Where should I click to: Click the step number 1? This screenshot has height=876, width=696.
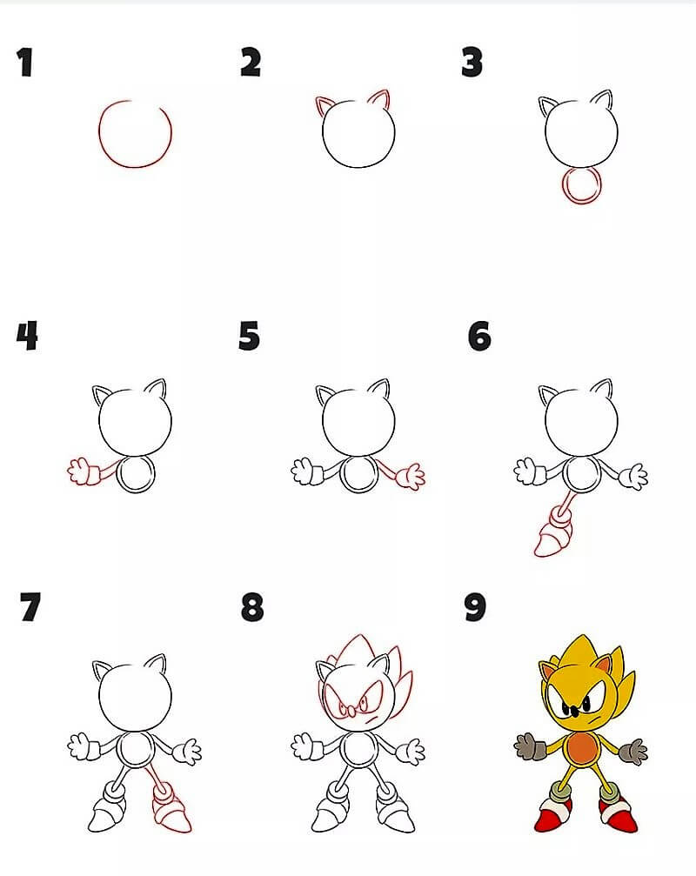(x=24, y=62)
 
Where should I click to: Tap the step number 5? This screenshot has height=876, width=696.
(x=249, y=336)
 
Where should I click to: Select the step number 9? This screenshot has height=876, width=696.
(x=475, y=607)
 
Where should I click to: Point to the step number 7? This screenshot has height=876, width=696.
(x=30, y=607)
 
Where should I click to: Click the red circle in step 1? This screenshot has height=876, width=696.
(x=99, y=134)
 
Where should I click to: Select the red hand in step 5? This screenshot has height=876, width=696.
(x=411, y=477)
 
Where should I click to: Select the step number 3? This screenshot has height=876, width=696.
(x=472, y=62)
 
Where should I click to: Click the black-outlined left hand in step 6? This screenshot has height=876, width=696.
(x=525, y=471)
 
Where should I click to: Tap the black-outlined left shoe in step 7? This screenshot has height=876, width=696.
(x=106, y=816)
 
